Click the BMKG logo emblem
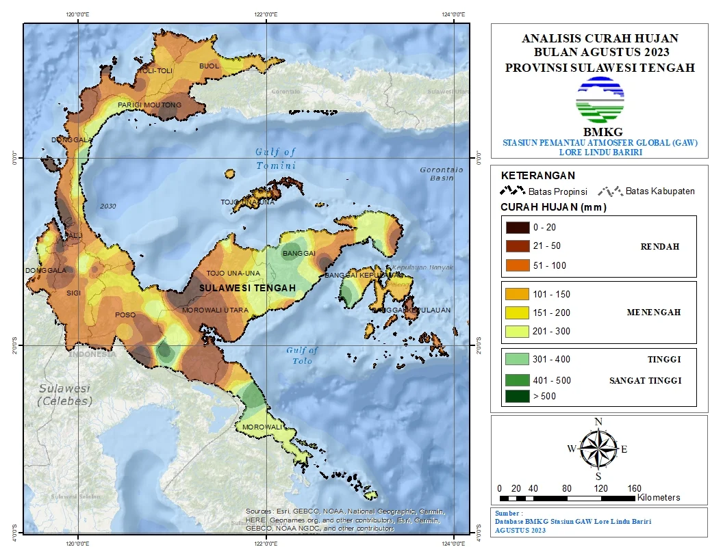click(600, 100)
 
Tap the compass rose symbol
click(598, 448)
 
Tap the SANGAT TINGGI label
click(645, 381)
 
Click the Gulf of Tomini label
click(275, 159)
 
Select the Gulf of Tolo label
click(302, 356)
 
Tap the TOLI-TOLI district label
click(156, 71)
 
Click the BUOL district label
click(208, 66)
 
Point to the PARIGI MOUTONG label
click(149, 105)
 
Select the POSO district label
click(125, 315)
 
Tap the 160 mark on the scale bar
click(634, 488)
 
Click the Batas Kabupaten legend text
click(660, 191)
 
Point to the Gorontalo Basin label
click(441, 174)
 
